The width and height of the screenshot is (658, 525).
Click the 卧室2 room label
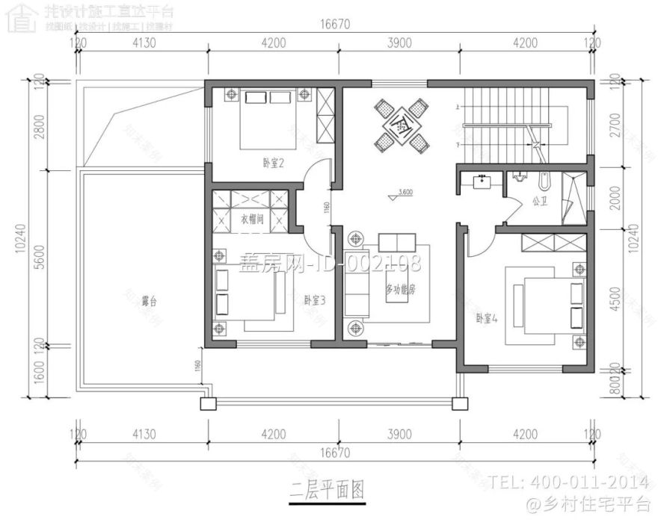(x=272, y=164)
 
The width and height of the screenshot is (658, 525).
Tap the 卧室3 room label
(x=314, y=299)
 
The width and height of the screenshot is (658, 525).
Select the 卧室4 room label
(x=487, y=317)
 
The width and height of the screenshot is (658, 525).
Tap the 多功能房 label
(x=401, y=288)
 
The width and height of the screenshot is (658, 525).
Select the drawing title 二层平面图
(x=328, y=490)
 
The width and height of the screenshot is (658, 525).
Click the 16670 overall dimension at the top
(x=336, y=25)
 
